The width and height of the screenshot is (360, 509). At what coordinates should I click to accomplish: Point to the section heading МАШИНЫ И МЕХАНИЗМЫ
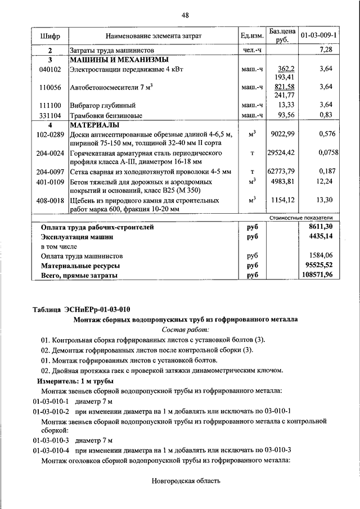(x=119, y=59)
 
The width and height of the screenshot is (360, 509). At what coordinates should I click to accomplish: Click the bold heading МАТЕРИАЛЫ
(x=94, y=125)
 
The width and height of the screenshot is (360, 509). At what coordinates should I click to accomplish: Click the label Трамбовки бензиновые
(x=106, y=115)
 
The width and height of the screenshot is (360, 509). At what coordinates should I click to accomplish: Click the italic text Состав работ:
(x=185, y=330)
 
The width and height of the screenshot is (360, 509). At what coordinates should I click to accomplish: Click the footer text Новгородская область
(x=186, y=481)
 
